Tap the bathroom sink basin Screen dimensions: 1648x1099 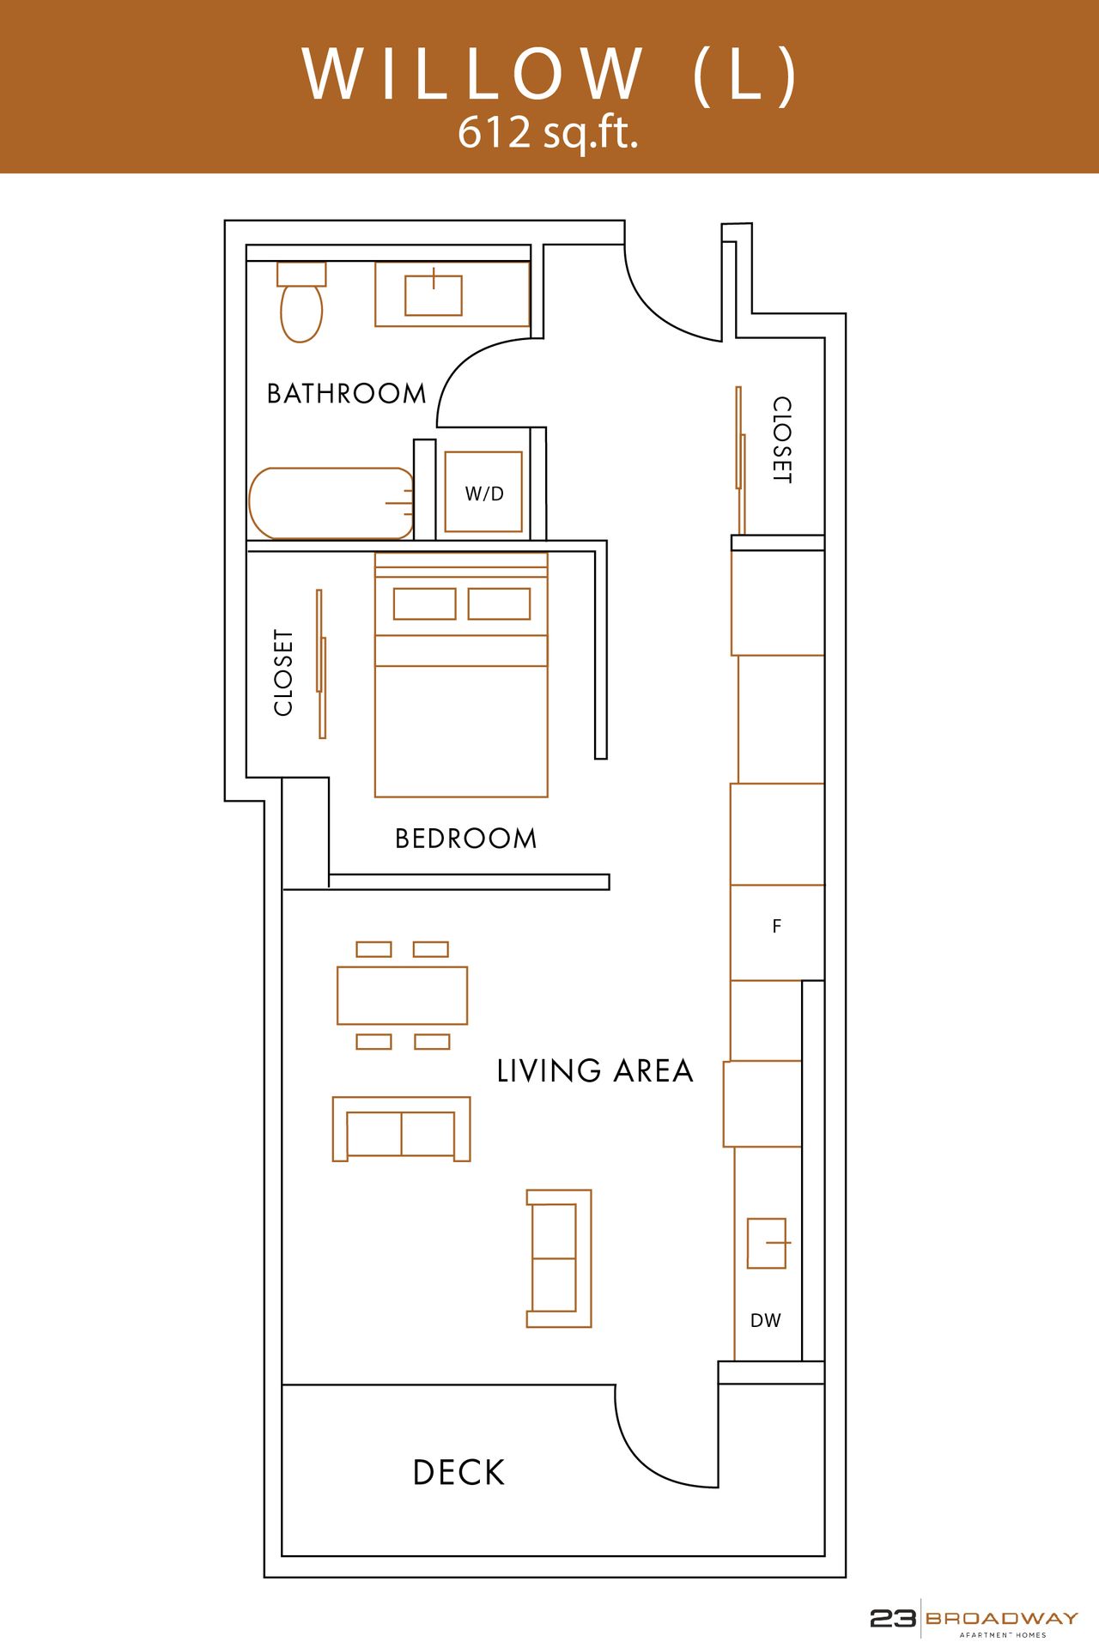(x=434, y=295)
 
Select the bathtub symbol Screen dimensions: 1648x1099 (x=331, y=504)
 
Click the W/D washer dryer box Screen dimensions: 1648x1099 (x=483, y=493)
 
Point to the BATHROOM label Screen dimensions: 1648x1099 (x=346, y=394)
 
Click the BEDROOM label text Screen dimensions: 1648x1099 (x=465, y=839)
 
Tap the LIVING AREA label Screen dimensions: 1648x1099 (x=594, y=1071)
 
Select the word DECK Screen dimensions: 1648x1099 (x=458, y=1473)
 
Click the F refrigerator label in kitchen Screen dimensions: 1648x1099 (x=777, y=926)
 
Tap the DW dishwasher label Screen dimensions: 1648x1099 (x=766, y=1321)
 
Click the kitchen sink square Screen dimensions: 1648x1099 (x=766, y=1243)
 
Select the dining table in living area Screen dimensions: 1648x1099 (x=402, y=996)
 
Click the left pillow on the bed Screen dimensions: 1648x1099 (x=424, y=604)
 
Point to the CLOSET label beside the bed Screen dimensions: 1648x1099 (x=283, y=673)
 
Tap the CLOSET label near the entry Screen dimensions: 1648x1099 (x=781, y=439)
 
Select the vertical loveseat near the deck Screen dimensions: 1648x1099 (x=559, y=1258)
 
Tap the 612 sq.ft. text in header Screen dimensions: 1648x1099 (x=548, y=133)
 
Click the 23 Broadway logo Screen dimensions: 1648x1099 (x=974, y=1619)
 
